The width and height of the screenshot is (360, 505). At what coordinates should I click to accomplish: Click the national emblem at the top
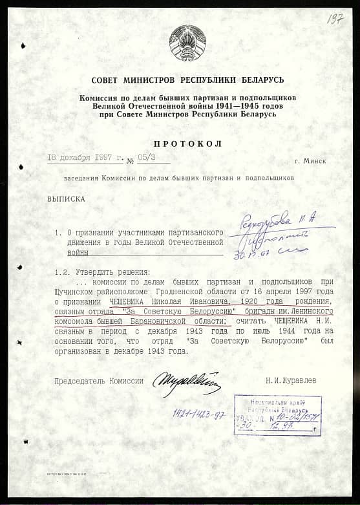tap(187, 43)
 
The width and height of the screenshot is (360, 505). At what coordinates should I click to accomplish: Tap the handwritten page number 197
tap(335, 19)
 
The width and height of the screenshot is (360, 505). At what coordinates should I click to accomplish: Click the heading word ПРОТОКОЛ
tap(188, 144)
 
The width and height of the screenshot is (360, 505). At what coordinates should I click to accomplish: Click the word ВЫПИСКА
tap(66, 199)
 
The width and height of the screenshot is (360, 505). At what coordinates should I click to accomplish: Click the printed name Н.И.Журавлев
tap(291, 381)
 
